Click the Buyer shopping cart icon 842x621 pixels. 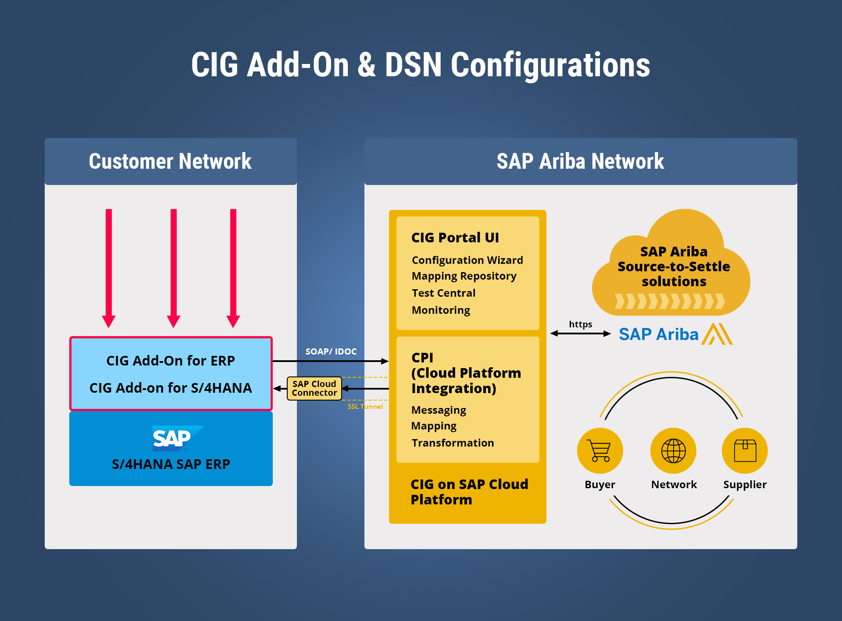(600, 451)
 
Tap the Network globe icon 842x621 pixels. (673, 451)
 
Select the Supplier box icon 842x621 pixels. (745, 451)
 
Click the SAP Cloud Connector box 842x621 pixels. (314, 388)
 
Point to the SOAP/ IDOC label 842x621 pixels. (331, 351)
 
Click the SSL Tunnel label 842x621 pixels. (365, 407)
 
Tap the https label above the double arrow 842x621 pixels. (580, 324)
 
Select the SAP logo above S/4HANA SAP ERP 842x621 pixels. (178, 438)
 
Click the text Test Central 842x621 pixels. (443, 293)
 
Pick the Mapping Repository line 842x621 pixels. (464, 276)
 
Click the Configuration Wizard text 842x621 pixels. (467, 260)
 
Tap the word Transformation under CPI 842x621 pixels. (453, 443)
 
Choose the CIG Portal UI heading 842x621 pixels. (455, 238)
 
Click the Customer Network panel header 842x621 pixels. (171, 161)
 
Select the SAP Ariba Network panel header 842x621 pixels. (581, 161)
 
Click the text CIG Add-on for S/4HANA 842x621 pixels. (171, 388)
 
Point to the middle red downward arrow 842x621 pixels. (174, 268)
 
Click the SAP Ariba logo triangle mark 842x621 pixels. (717, 334)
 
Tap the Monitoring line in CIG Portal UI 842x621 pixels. (441, 310)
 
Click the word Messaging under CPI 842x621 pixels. (439, 410)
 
